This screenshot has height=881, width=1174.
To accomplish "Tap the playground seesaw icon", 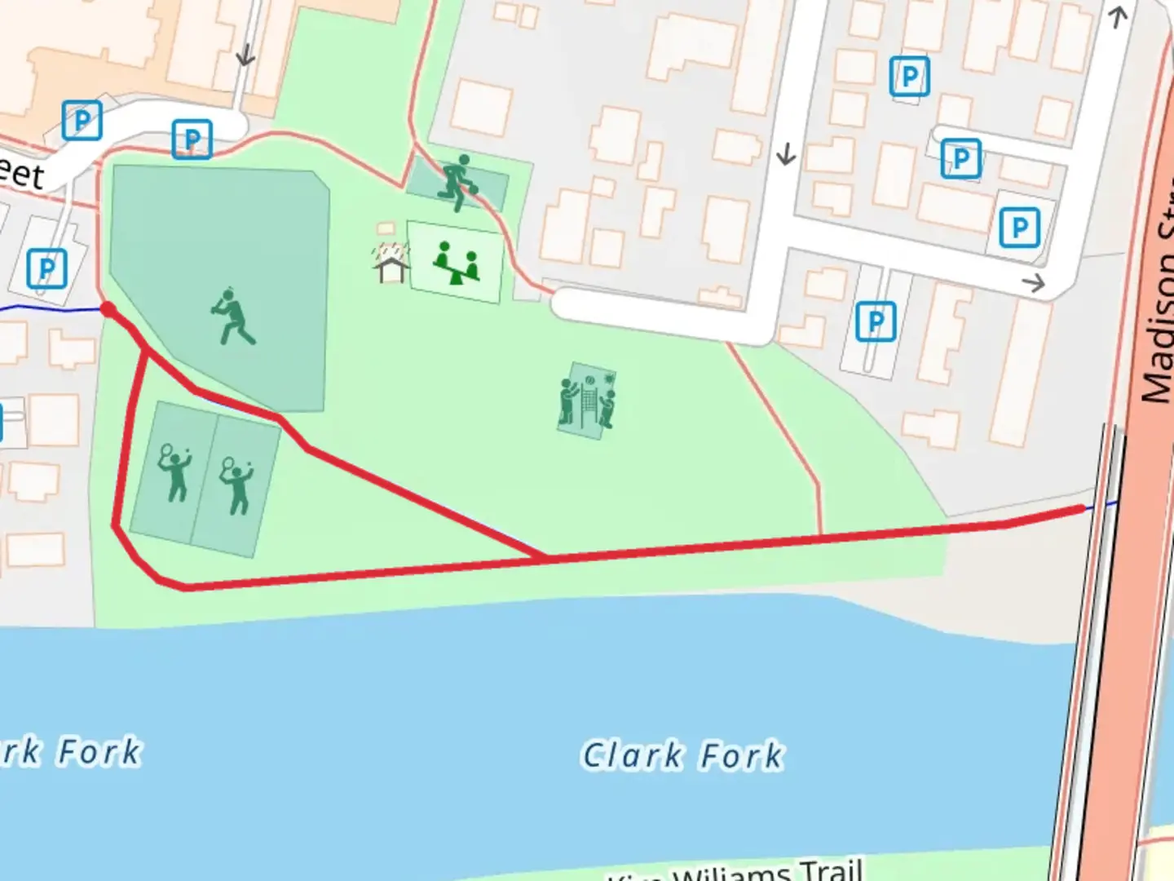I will tap(455, 263).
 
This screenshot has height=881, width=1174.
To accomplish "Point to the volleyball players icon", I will tap(587, 401).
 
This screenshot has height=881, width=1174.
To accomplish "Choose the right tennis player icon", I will tap(236, 485).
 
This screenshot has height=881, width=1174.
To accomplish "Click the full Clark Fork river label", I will tap(682, 755).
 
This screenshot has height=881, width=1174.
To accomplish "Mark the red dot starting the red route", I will tap(108, 308).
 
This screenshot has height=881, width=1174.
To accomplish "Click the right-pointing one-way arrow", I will tap(1034, 283).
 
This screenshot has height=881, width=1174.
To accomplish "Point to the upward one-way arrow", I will tap(1118, 16).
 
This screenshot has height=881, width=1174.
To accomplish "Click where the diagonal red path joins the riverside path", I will tap(545, 558).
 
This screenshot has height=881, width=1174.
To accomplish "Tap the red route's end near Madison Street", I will tap(1083, 509).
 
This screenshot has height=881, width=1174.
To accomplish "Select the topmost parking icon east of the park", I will tap(909, 77).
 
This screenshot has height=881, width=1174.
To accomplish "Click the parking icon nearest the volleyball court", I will tap(876, 321).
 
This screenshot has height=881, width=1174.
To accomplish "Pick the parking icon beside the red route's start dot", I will tap(46, 268).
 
